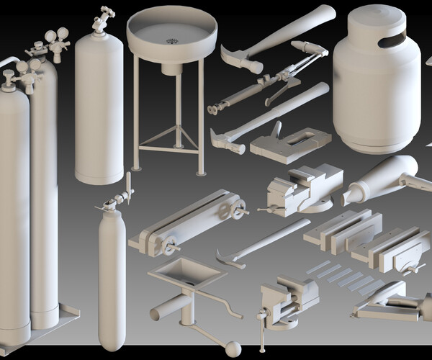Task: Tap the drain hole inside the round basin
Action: tap(171, 41)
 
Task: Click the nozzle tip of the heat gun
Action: tap(352, 195)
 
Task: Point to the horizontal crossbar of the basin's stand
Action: tap(168, 149)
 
